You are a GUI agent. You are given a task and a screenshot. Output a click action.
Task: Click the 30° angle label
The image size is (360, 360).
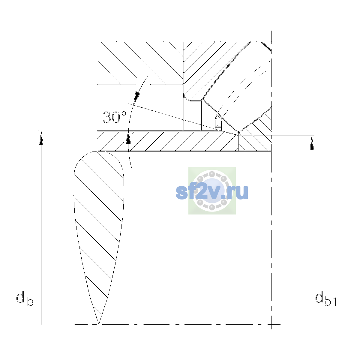[115, 117]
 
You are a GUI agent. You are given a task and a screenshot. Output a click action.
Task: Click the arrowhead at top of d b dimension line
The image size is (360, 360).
[41, 138]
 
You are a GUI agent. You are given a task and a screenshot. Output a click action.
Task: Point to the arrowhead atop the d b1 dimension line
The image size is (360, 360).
[312, 143]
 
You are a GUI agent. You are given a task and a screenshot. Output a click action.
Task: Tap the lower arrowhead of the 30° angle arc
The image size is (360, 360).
[128, 138]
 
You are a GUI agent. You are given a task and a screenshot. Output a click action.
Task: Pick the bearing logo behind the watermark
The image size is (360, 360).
[212, 190]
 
